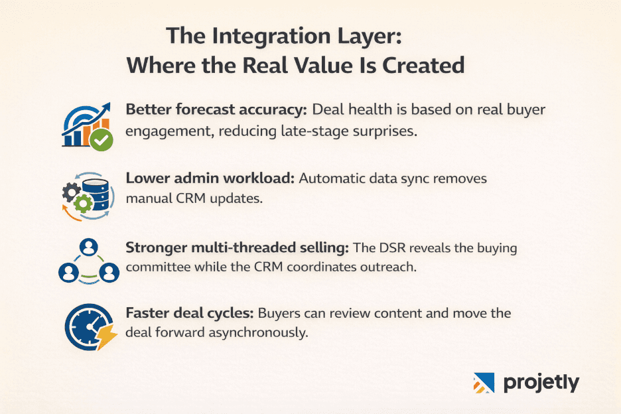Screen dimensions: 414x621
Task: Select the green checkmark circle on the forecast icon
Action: [102, 140]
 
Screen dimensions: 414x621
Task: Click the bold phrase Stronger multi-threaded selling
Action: [236, 248]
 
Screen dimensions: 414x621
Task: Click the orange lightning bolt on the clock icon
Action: [105, 338]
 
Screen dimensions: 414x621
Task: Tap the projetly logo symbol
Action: [484, 383]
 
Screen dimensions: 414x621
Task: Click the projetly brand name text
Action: [541, 383]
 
